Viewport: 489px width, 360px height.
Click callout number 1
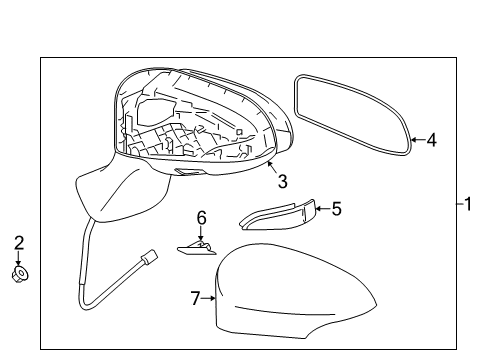pos(466,205)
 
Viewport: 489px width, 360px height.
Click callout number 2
pos(19,242)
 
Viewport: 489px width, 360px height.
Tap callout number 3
pos(283,181)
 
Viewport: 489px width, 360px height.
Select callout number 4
pos(431,141)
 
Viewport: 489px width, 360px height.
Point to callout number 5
pos(336,209)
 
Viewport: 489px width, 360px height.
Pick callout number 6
pos(200,217)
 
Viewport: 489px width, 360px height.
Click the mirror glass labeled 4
pos(352,115)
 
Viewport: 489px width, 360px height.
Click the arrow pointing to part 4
pos(417,141)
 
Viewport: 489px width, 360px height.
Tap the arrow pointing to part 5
pos(323,209)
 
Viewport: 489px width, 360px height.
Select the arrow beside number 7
pos(210,296)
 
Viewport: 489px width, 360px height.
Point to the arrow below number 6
pos(200,233)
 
